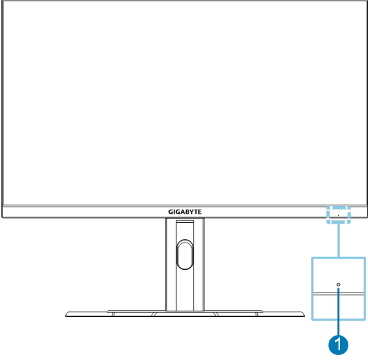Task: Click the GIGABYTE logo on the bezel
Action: (x=185, y=212)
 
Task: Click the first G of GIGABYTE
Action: (x=171, y=212)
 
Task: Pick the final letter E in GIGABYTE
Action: (x=199, y=212)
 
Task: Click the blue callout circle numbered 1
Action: (x=339, y=345)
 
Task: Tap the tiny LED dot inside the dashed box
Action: (x=339, y=215)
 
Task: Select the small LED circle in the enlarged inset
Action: (x=339, y=285)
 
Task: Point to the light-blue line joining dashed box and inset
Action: (x=339, y=240)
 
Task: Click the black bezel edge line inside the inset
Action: (x=339, y=294)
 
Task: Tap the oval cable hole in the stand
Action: (x=185, y=255)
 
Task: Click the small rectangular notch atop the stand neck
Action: (x=185, y=221)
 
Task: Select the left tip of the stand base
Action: (x=66, y=316)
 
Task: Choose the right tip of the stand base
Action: (x=304, y=316)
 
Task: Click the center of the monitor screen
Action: (x=185, y=103)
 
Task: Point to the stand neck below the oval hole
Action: (x=185, y=290)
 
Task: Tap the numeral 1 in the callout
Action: (x=338, y=345)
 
